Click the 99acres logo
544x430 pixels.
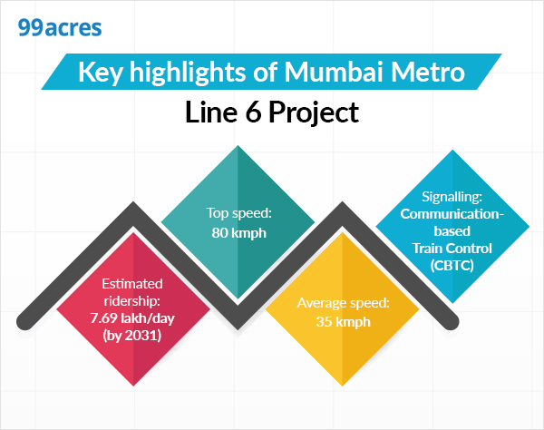(x=60, y=26)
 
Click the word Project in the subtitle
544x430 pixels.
(x=314, y=113)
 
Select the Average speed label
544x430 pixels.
(x=342, y=301)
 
